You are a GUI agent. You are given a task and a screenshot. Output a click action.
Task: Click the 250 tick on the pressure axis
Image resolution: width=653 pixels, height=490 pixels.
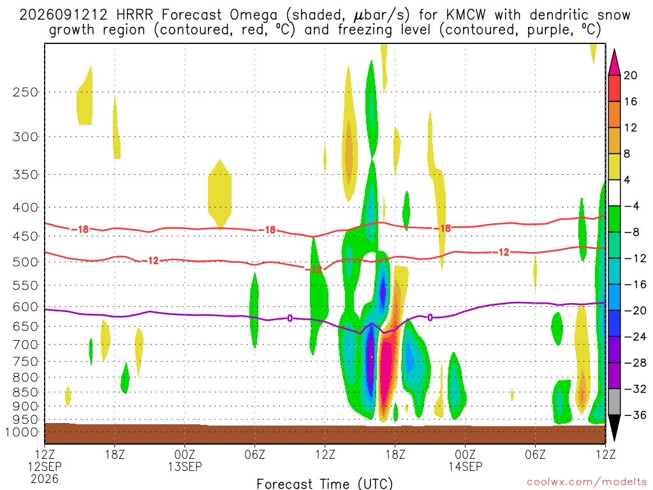point(26,92)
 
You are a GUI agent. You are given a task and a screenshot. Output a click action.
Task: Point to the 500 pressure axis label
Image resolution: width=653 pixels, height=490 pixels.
point(26,262)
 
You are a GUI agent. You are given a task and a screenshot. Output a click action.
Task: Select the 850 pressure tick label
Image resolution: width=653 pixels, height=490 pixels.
point(26,392)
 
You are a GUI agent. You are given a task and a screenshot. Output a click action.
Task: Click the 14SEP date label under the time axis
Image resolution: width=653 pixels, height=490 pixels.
point(465,466)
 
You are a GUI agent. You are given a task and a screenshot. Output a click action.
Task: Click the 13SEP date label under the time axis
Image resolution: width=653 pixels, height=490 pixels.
point(185,466)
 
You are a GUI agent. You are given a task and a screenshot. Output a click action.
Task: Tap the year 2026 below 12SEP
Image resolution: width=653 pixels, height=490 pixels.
point(45,479)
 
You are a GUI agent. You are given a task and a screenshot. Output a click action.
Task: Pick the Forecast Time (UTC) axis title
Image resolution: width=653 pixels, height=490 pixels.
point(325,484)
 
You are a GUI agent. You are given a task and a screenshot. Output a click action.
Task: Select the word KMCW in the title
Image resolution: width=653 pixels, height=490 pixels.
point(466,15)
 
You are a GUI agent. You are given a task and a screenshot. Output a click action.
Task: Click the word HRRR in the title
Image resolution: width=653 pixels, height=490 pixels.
point(135,15)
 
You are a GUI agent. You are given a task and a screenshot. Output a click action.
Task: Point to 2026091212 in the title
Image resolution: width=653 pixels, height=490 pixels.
point(63,15)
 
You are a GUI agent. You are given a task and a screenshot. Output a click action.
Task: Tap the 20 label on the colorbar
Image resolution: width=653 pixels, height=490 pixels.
point(630,75)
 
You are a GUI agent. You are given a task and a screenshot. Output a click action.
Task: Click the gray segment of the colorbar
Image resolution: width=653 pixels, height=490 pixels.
point(614,402)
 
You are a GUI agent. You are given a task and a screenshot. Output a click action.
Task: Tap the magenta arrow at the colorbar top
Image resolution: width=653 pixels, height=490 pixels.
point(614,62)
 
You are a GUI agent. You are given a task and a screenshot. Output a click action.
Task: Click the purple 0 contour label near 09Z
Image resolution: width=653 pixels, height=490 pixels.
point(290,319)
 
